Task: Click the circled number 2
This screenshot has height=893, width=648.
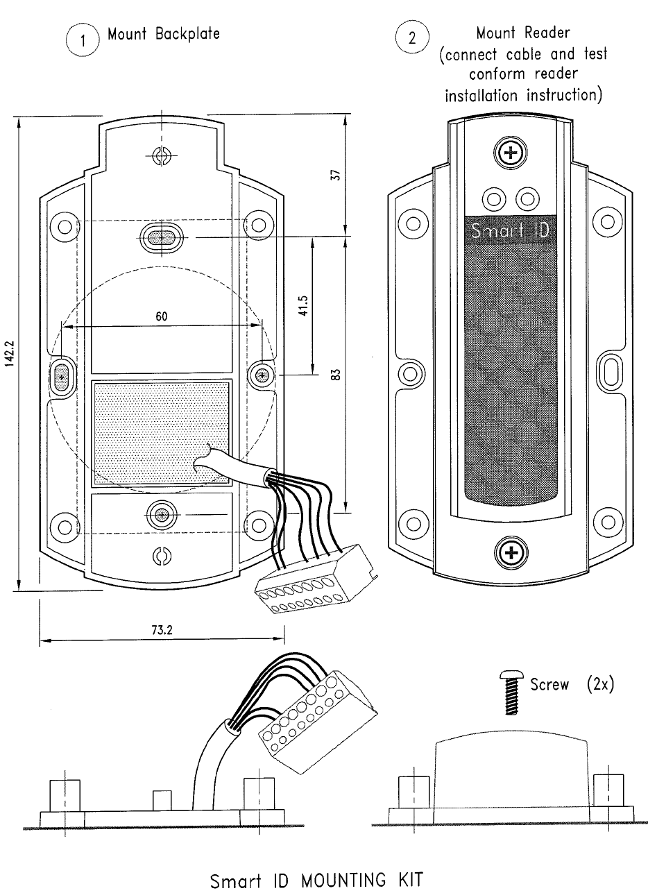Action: (x=412, y=37)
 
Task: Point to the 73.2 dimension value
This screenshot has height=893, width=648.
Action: (x=160, y=631)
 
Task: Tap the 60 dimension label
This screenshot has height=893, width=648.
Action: (x=160, y=316)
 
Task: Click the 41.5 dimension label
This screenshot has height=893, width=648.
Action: (x=302, y=305)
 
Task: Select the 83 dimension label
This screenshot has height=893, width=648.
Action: (x=335, y=375)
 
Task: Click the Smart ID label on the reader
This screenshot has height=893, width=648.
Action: (x=510, y=230)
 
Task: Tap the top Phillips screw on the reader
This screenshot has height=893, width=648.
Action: (x=511, y=153)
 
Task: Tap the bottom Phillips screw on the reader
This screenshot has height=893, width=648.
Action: (x=511, y=553)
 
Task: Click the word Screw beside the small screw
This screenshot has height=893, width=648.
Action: (x=549, y=685)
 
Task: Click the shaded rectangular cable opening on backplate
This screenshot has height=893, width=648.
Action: (x=160, y=430)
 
